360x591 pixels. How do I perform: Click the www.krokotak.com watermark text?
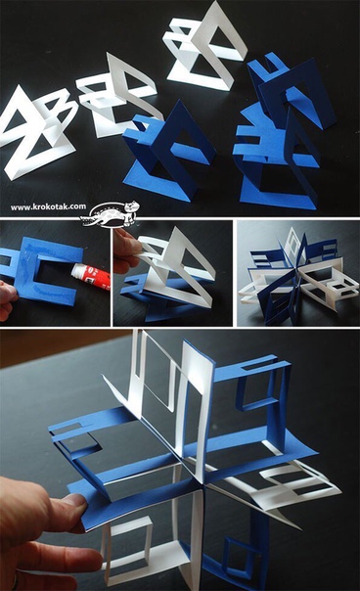(48, 206)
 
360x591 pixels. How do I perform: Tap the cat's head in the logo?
(133, 206)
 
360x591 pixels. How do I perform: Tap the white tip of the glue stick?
(74, 269)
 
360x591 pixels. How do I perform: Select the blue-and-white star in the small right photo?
(297, 276)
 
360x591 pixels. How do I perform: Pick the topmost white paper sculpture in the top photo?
(203, 46)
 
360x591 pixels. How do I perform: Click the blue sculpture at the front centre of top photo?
(167, 155)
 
